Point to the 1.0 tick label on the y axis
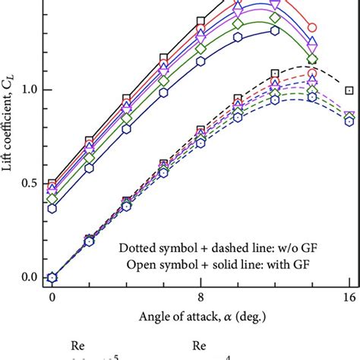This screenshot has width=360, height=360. (27, 90)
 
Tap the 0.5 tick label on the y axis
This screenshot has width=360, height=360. (27, 183)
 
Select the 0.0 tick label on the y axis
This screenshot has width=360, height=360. (27, 277)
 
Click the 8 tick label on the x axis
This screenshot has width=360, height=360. (201, 297)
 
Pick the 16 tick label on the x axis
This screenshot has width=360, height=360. (349, 297)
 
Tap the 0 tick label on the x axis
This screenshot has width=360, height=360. (52, 297)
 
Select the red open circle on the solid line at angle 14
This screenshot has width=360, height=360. (311, 27)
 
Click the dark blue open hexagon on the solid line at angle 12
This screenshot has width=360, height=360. (275, 31)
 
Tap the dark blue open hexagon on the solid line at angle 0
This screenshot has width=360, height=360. (52, 207)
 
